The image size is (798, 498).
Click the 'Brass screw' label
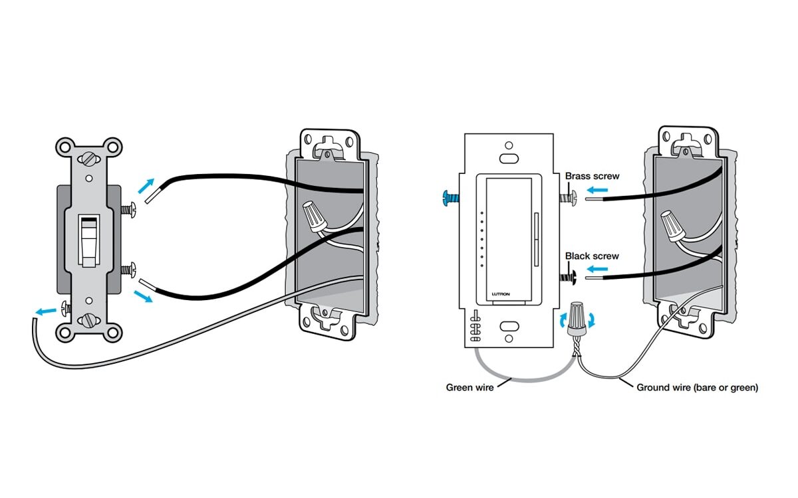tap(592, 177)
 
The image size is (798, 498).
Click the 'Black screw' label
tap(592, 256)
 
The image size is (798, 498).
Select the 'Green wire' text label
tap(469, 387)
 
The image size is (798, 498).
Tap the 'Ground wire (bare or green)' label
tap(697, 387)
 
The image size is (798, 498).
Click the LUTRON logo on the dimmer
tap(501, 293)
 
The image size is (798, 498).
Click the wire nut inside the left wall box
tap(313, 216)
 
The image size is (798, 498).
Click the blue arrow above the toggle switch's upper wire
tap(150, 183)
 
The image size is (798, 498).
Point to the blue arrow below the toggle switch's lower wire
tap(144, 295)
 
